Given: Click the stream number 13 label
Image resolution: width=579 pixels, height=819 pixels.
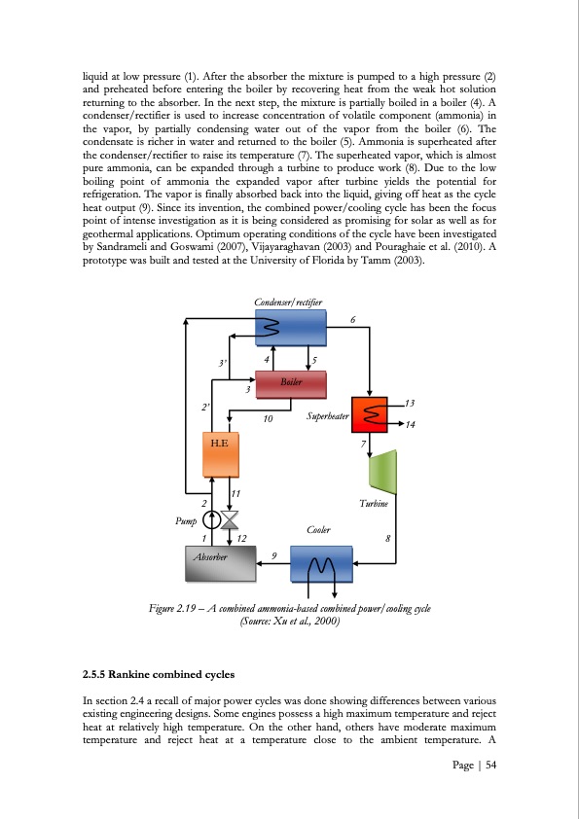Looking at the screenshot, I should pos(409,403).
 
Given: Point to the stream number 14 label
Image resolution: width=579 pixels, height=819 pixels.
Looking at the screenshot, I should pos(411,426).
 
